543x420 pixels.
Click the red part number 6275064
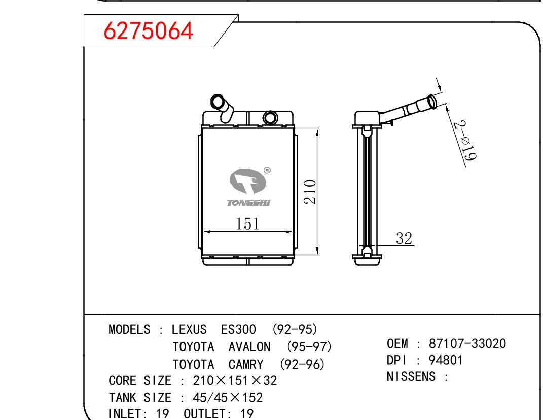pos(148,30)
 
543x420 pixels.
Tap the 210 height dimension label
pos(310,191)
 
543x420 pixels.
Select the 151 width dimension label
pos(247,223)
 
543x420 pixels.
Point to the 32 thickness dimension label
pos(404,238)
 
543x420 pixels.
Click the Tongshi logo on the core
pos(248,187)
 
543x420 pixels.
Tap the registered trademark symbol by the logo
pos(267,170)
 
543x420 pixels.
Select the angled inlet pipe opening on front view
pos(218,102)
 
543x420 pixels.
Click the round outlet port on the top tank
pos(270,118)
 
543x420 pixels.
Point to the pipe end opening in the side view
pos(432,102)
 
